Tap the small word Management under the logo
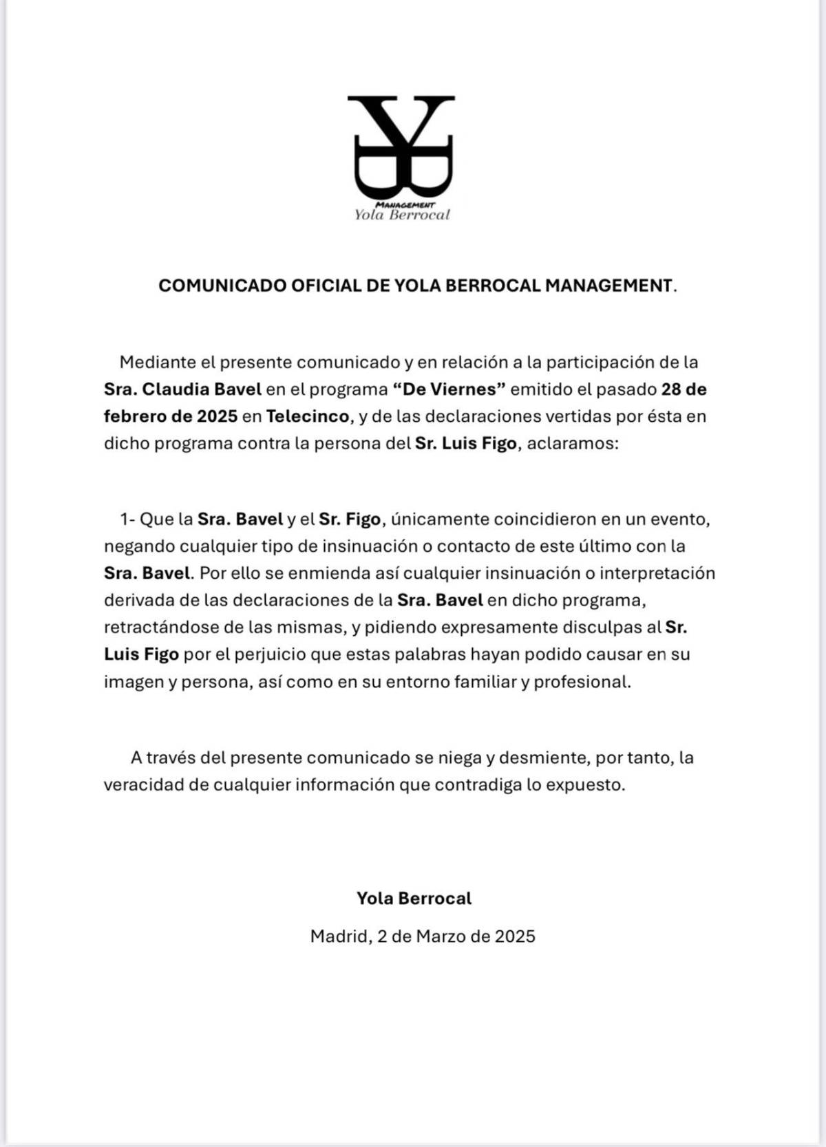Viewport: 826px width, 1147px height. pyautogui.click(x=405, y=205)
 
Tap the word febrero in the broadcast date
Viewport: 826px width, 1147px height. pyautogui.click(x=134, y=416)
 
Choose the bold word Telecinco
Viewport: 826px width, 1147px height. pyautogui.click(x=308, y=416)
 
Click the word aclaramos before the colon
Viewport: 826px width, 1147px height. pyautogui.click(x=571, y=443)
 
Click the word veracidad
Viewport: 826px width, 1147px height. pyautogui.click(x=146, y=785)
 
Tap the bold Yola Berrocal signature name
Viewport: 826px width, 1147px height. pyautogui.click(x=414, y=899)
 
